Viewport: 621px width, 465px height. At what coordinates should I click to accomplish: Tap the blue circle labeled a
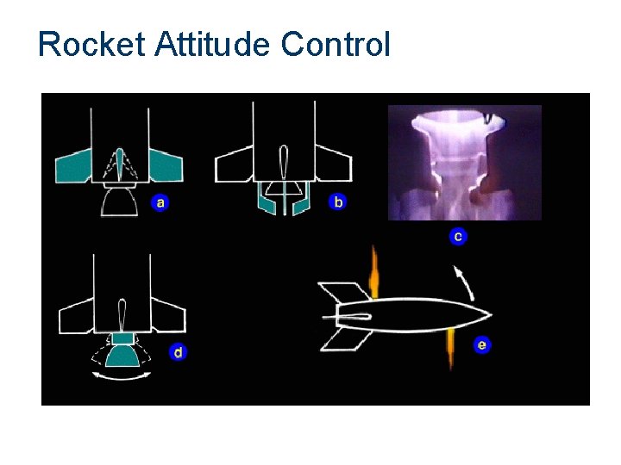160,203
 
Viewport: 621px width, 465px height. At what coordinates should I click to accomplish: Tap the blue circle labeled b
337,202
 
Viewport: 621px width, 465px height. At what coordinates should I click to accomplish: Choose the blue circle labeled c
458,236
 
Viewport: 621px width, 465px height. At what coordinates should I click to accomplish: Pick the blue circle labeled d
178,351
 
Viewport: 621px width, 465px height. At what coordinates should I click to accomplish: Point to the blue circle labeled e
482,345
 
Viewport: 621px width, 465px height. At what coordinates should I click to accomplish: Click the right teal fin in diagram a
166,165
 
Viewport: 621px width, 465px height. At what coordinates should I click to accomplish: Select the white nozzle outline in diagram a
120,202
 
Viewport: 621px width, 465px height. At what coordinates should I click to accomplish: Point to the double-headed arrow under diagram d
122,376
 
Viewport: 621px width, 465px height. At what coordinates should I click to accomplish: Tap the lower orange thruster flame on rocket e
449,348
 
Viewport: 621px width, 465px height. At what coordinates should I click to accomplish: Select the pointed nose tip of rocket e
492,313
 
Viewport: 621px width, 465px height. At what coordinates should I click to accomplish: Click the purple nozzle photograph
465,163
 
